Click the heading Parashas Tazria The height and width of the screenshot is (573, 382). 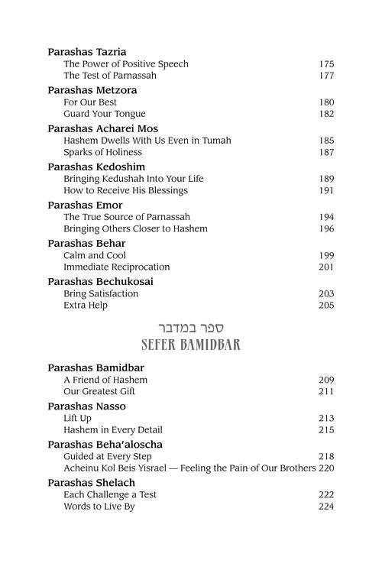click(86, 51)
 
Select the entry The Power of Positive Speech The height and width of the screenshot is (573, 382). click(126, 64)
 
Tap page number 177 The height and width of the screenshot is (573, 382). click(326, 76)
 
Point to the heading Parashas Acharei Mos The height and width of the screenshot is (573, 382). click(102, 128)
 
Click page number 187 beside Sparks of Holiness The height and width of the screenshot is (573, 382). click(326, 152)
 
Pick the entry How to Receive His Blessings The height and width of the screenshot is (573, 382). click(125, 190)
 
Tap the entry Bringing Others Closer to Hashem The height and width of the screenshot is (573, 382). click(135, 228)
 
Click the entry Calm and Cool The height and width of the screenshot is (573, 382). click(95, 255)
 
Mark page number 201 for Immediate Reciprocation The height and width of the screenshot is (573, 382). click(326, 267)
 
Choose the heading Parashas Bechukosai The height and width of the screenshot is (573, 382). click(100, 280)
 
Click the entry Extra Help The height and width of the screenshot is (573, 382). click(86, 305)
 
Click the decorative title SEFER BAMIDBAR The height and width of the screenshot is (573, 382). click(191, 344)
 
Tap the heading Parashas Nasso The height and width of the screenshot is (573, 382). click(86, 406)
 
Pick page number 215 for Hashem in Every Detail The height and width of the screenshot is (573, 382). click(326, 430)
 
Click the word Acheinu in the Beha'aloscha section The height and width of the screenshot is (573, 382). click(82, 468)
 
